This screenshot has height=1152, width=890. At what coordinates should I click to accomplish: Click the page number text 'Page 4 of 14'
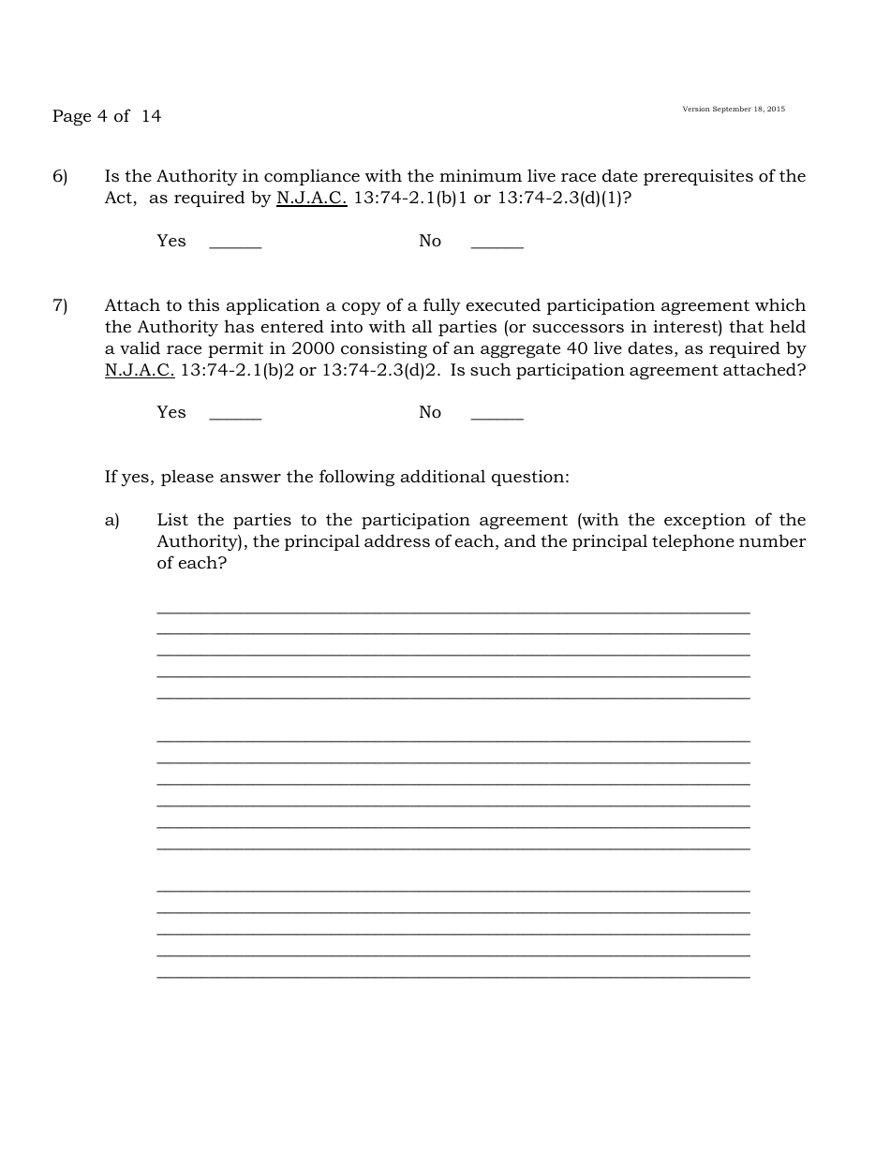(x=107, y=116)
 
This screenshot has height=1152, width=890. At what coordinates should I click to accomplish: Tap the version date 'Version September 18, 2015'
(x=734, y=110)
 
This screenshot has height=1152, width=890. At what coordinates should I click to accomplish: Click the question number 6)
(x=60, y=176)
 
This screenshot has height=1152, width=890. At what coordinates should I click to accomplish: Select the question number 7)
(x=60, y=305)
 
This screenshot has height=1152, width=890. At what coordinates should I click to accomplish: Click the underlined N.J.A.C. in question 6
(x=311, y=199)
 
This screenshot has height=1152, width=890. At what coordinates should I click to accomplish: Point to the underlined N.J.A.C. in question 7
(x=140, y=370)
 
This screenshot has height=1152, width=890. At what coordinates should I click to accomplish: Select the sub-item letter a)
(x=112, y=520)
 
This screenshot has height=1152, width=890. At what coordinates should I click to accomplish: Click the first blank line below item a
(x=453, y=611)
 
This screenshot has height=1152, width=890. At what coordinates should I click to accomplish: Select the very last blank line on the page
(x=453, y=976)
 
